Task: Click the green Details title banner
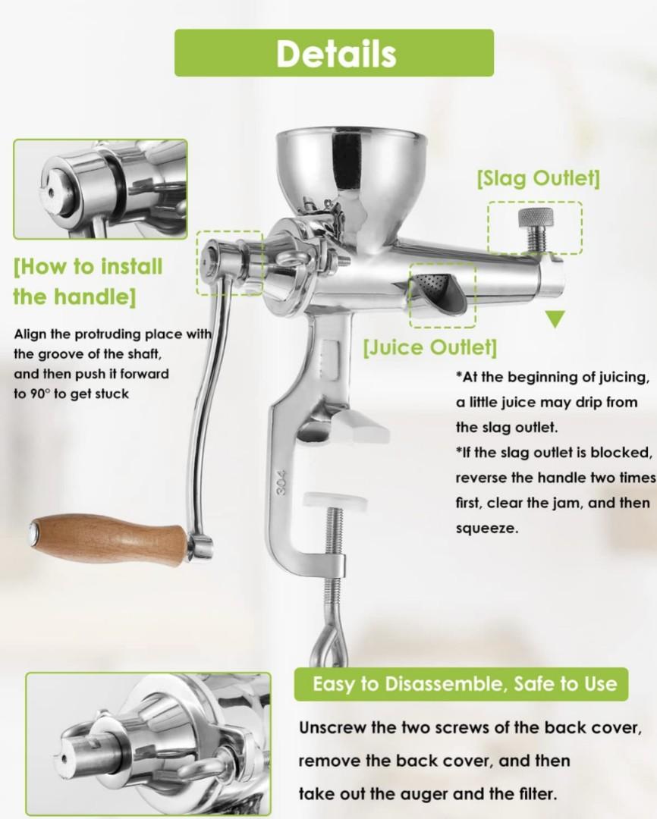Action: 334,53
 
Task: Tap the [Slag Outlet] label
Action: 538,179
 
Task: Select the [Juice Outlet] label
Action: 430,347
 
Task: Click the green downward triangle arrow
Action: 556,318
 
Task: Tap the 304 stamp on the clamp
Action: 282,482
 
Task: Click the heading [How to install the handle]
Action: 88,281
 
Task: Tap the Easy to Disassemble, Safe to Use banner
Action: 461,684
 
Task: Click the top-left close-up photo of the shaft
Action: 100,189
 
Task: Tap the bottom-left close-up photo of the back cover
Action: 148,745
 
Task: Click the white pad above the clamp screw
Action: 334,500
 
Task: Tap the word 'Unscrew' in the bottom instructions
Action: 332,728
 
